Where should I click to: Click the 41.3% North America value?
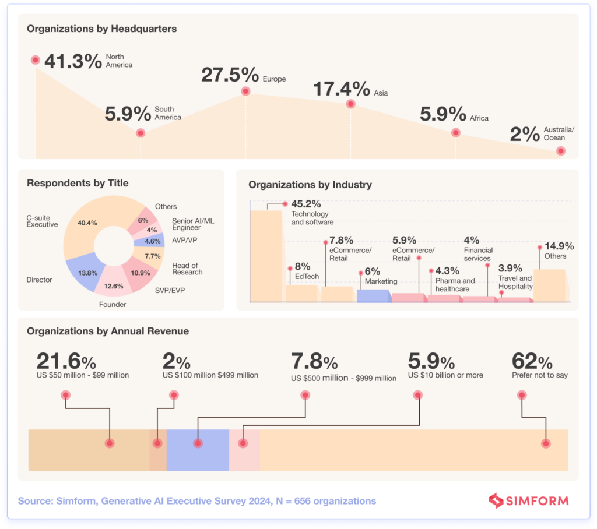pos(73,61)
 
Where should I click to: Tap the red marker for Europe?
pos(245,91)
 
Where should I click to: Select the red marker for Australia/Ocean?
pos(560,150)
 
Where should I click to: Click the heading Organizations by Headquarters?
pos(101,28)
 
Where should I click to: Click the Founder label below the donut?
pos(112,304)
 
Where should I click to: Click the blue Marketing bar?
pos(373,295)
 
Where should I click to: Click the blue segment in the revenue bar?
pos(198,450)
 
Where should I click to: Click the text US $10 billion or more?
pos(445,375)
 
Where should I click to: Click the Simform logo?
pos(528,500)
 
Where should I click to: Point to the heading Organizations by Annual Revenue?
pos(108,331)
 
